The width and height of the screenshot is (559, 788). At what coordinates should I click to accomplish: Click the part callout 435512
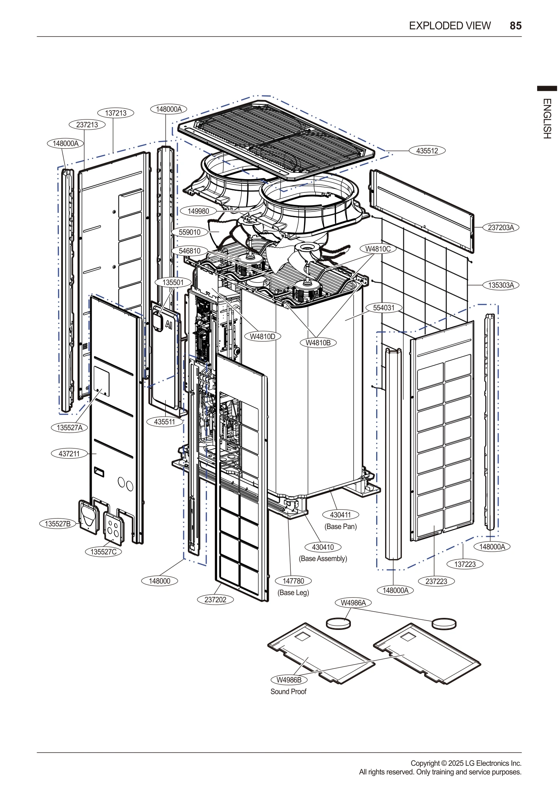[427, 151]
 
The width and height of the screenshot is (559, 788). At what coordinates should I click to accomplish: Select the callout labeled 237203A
[501, 227]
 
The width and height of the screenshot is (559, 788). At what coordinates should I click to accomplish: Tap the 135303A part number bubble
[501, 285]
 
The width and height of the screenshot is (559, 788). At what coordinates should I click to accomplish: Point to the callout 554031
[384, 308]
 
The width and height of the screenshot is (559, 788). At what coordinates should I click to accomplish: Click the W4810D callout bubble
[262, 336]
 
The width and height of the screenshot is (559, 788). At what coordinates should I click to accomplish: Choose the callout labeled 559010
[189, 232]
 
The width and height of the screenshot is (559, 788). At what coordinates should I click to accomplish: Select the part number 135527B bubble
[58, 524]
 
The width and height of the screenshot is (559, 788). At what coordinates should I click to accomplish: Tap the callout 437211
[69, 454]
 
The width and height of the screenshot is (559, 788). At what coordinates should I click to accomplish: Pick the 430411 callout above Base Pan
[341, 515]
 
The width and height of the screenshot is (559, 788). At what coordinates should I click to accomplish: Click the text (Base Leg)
[293, 593]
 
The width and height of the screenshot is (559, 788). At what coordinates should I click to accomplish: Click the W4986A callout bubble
[353, 603]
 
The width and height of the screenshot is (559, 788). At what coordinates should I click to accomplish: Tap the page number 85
[515, 26]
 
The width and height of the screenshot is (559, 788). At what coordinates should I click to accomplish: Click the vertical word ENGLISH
[547, 119]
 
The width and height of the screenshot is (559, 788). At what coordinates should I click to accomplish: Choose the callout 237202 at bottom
[215, 600]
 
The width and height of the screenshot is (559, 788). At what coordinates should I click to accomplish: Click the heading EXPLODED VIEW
[449, 26]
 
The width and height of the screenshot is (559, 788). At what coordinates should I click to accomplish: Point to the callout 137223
[465, 564]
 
